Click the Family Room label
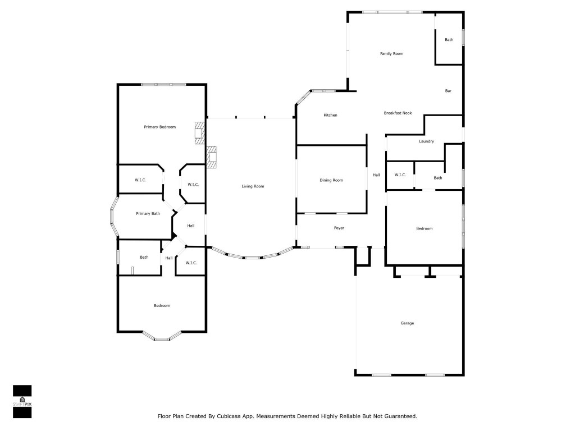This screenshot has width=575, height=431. pyautogui.click(x=391, y=54)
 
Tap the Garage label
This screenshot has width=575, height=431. pyautogui.click(x=407, y=323)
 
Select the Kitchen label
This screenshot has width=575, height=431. pyautogui.click(x=330, y=116)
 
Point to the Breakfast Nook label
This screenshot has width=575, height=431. pyautogui.click(x=398, y=113)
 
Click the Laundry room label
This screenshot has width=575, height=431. pyautogui.click(x=426, y=141)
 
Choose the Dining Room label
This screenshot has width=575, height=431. pyautogui.click(x=331, y=180)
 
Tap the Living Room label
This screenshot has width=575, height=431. pyautogui.click(x=253, y=186)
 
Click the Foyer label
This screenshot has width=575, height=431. pyautogui.click(x=339, y=228)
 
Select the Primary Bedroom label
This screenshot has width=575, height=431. pyautogui.click(x=159, y=127)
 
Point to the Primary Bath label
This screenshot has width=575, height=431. pyautogui.click(x=148, y=214)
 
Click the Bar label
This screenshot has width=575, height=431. pyautogui.click(x=448, y=91)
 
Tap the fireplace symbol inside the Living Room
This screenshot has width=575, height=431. pyautogui.click(x=212, y=157)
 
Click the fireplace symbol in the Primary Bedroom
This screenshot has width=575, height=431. pyautogui.click(x=200, y=133)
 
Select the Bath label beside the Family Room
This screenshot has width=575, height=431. pyautogui.click(x=449, y=40)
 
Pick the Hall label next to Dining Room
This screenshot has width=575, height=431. pyautogui.click(x=376, y=175)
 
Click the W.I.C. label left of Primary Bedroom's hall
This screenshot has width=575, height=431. pyautogui.click(x=140, y=180)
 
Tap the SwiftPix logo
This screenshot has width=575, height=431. pyautogui.click(x=22, y=402)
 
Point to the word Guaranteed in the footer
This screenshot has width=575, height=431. pyautogui.click(x=398, y=416)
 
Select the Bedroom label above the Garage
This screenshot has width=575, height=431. pyautogui.click(x=424, y=228)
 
